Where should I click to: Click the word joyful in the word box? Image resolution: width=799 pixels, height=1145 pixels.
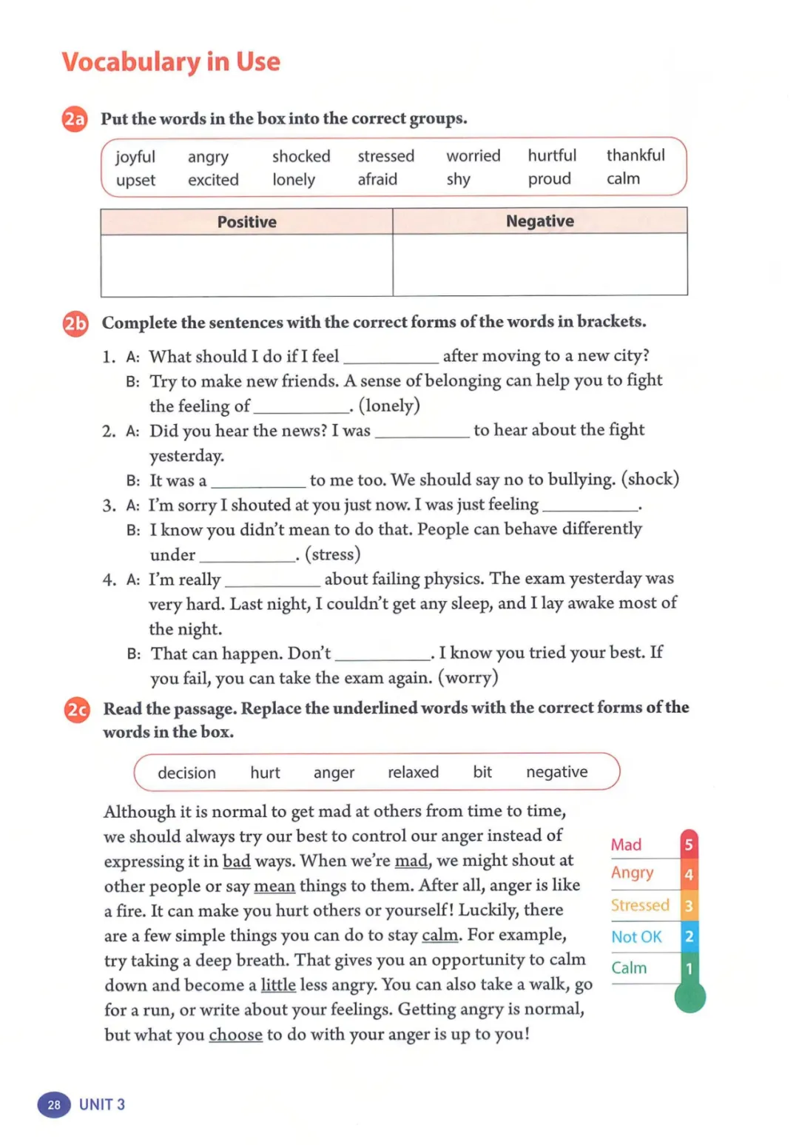pyautogui.click(x=135, y=157)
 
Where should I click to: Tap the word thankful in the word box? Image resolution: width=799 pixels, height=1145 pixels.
pyautogui.click(x=636, y=155)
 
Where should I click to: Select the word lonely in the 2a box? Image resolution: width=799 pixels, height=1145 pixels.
pyautogui.click(x=294, y=180)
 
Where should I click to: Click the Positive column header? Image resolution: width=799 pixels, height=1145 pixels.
pyautogui.click(x=246, y=222)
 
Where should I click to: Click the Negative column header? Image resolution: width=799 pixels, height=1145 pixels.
pyautogui.click(x=540, y=221)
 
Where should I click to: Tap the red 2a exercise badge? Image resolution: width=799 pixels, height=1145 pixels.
pyautogui.click(x=75, y=119)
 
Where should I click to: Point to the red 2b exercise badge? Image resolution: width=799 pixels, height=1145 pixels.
pyautogui.click(x=75, y=323)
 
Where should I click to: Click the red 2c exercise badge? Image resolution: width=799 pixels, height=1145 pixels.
pyautogui.click(x=77, y=711)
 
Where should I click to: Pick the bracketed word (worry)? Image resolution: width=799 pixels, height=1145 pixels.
pyautogui.click(x=468, y=677)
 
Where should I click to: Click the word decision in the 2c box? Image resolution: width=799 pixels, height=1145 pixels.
pyautogui.click(x=186, y=773)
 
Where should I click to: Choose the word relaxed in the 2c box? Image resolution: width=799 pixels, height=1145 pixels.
pyautogui.click(x=413, y=772)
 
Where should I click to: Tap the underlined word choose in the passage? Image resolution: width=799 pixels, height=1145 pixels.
pyautogui.click(x=235, y=1035)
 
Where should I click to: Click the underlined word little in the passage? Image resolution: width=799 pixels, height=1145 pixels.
pyautogui.click(x=278, y=985)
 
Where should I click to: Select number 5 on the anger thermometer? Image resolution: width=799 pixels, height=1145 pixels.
pyautogui.click(x=689, y=845)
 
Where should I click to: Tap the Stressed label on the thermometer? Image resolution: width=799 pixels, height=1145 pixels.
pyautogui.click(x=640, y=905)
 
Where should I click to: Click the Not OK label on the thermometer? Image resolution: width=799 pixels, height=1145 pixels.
pyautogui.click(x=636, y=937)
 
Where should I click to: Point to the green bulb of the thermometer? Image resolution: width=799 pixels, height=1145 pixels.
pyautogui.click(x=690, y=997)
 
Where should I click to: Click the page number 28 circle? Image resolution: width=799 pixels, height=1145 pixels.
pyautogui.click(x=54, y=1105)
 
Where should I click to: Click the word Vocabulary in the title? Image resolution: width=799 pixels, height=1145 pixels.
pyautogui.click(x=130, y=62)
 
